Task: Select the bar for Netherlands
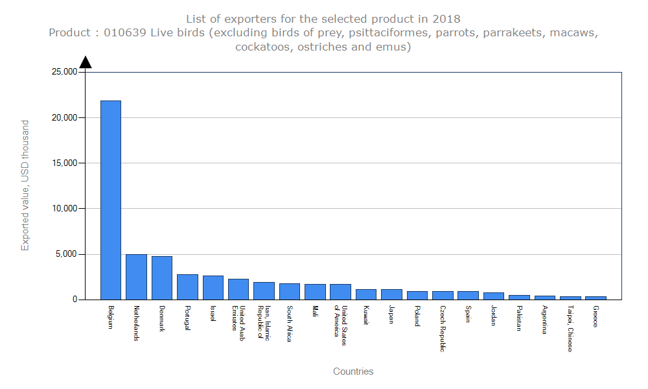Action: [136, 277]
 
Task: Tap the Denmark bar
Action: [161, 277]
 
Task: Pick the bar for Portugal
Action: [187, 287]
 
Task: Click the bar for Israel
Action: [213, 287]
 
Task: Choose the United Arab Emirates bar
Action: [238, 289]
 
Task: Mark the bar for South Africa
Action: [290, 291]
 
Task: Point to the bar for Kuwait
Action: [366, 294]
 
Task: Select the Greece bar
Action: [596, 298]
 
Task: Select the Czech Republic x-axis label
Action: [443, 328]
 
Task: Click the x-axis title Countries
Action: [353, 371]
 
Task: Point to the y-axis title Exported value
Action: [25, 185]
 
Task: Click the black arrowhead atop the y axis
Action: [85, 62]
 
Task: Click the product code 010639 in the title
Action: [125, 33]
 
